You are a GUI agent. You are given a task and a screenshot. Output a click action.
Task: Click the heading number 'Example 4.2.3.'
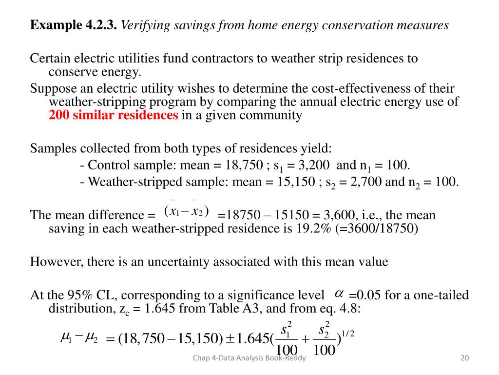point(74,25)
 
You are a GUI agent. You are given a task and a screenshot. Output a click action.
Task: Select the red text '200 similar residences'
point(114,115)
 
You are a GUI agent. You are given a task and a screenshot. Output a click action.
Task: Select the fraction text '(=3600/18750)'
point(377,229)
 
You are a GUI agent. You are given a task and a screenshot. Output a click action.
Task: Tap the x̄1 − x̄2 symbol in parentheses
point(187,211)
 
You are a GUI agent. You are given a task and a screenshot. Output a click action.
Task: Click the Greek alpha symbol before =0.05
point(339,293)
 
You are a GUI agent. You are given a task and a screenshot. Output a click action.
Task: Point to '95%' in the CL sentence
point(80,295)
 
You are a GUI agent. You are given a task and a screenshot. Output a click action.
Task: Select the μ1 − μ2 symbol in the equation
point(78,338)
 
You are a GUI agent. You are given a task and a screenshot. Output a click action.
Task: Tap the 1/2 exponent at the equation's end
point(347,333)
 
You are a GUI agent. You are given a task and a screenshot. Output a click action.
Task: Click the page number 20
point(464,359)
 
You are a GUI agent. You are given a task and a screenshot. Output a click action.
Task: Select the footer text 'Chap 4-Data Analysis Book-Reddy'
point(249,359)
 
